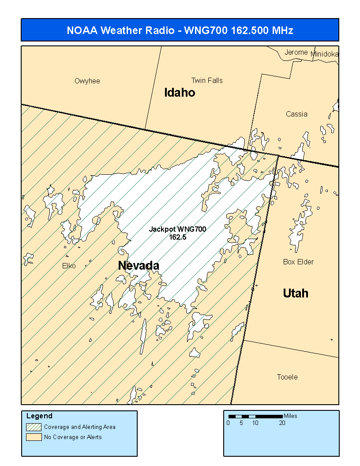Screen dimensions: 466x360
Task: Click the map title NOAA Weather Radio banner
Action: click(x=180, y=30)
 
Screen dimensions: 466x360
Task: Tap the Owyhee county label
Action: click(x=87, y=81)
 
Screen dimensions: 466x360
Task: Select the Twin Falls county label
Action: click(x=207, y=81)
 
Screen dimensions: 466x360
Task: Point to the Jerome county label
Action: click(x=296, y=53)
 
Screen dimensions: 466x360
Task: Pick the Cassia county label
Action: click(x=296, y=114)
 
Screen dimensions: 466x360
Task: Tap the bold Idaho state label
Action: click(x=180, y=93)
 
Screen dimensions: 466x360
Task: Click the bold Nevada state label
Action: click(x=139, y=266)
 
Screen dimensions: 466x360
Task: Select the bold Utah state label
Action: click(x=296, y=293)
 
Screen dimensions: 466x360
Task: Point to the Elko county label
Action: click(x=69, y=266)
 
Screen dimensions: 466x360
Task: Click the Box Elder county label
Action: click(x=298, y=262)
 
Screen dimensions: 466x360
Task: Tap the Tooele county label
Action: click(x=287, y=377)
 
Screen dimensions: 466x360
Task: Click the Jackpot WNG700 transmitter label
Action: click(x=177, y=233)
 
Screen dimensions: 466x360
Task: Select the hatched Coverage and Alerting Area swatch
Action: click(x=34, y=427)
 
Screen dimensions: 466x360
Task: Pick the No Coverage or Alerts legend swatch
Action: click(x=34, y=437)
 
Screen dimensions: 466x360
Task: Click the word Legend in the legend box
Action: click(x=39, y=416)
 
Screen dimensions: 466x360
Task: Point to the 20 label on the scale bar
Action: click(x=282, y=423)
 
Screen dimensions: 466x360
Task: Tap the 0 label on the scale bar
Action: click(x=228, y=423)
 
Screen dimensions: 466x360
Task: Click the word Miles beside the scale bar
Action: click(x=290, y=416)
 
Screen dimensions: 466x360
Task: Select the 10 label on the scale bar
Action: click(x=255, y=423)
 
